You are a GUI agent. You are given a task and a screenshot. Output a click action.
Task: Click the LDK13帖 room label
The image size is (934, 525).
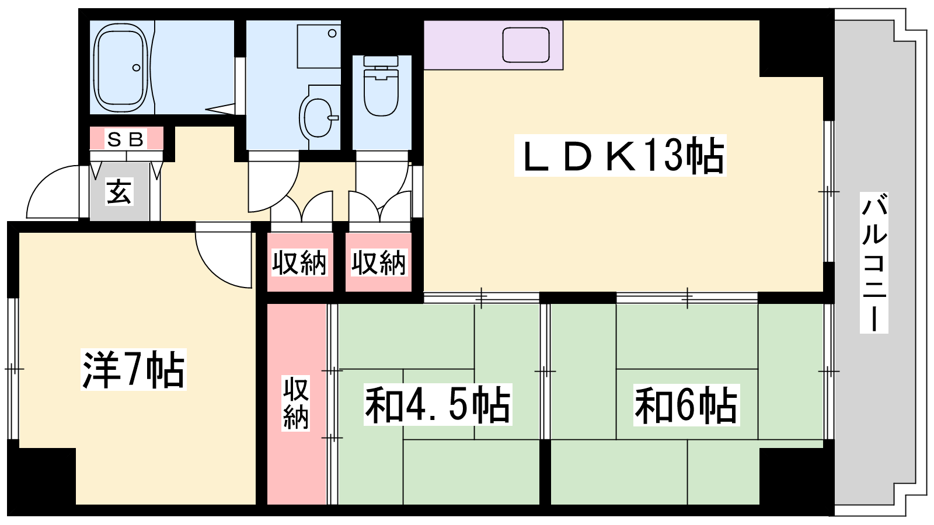(x=620, y=155)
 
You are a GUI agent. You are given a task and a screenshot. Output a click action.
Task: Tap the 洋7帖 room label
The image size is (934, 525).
(x=134, y=370)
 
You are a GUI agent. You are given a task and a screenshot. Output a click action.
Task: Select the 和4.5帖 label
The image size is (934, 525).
(x=437, y=405)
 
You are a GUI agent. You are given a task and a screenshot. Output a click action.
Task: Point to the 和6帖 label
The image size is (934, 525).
(x=686, y=405)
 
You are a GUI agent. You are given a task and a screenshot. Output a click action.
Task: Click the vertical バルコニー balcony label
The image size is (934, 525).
(x=873, y=262)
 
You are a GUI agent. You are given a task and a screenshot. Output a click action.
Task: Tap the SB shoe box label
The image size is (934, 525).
(x=126, y=139)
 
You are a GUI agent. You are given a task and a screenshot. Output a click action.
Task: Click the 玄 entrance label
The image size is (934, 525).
(x=119, y=192)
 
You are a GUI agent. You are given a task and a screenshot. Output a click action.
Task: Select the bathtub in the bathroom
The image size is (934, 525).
(x=121, y=67)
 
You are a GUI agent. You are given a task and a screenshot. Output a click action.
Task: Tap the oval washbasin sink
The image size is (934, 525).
(x=319, y=117)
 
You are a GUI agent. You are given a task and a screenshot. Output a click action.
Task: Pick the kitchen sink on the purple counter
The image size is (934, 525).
(x=526, y=45)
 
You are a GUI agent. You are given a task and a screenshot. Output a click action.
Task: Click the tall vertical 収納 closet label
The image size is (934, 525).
(x=295, y=403)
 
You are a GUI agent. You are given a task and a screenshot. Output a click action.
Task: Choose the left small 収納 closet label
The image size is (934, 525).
(x=299, y=262)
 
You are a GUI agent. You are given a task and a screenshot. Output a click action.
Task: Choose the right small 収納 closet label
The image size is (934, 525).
(x=378, y=262)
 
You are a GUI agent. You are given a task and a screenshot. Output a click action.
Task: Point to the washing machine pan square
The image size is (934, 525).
(x=319, y=46)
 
